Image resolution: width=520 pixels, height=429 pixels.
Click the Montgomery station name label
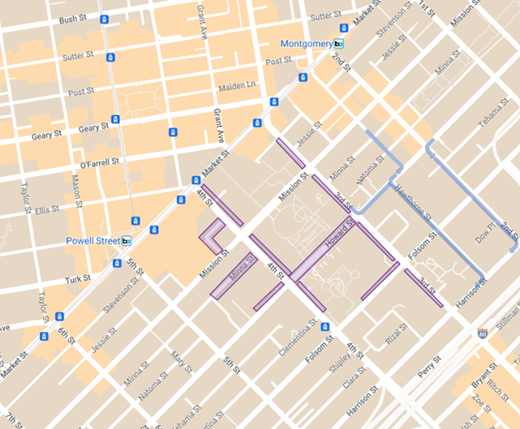306,43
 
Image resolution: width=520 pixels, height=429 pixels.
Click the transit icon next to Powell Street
126,241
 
